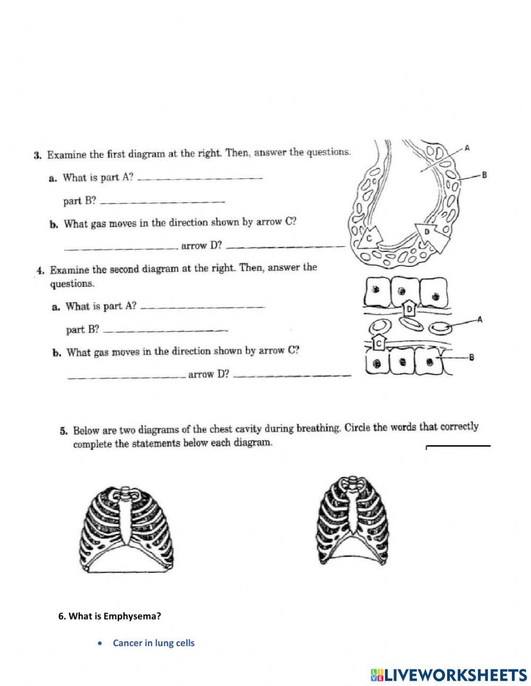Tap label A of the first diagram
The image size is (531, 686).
point(466,149)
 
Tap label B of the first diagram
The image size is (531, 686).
point(484,174)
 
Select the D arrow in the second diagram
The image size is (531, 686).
point(410,308)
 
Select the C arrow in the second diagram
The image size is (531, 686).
point(379,343)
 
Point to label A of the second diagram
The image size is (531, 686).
point(479,319)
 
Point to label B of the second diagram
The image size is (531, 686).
point(471,358)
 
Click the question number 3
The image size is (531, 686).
point(37,156)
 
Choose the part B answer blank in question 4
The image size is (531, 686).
point(165,331)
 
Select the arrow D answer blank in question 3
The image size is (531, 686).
point(289,247)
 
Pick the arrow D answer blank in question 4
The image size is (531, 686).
point(293,376)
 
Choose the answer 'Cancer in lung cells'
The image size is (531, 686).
point(153,643)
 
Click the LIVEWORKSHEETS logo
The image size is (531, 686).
point(449,675)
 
